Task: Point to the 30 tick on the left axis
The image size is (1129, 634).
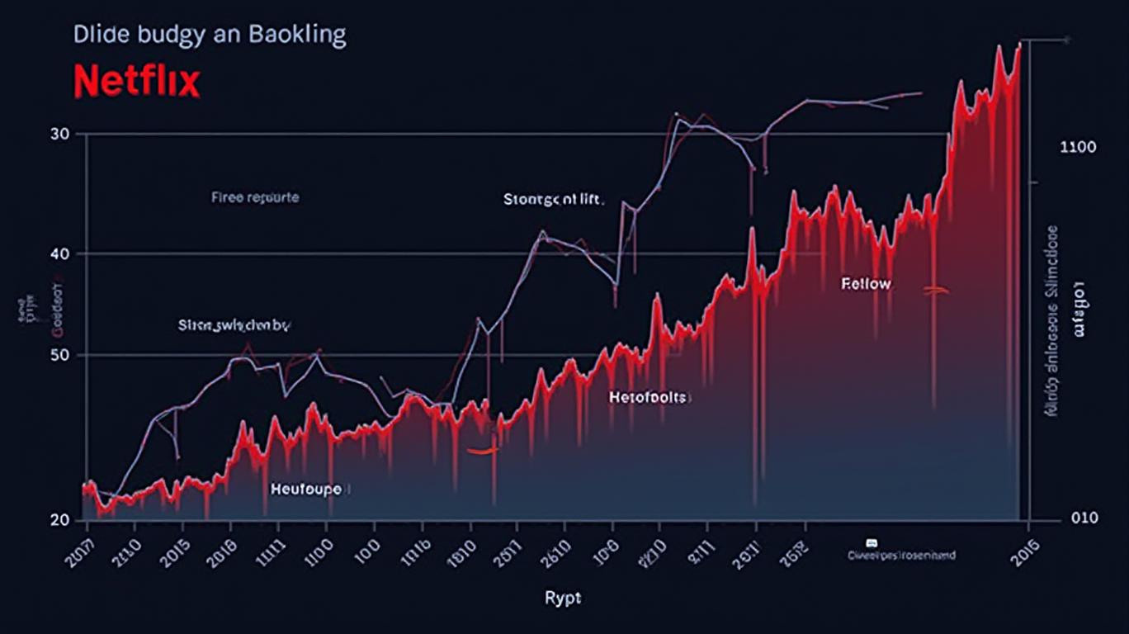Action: [x=59, y=134]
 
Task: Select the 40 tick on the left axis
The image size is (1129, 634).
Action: [x=59, y=253]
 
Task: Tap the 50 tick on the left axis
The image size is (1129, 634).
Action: [x=59, y=355]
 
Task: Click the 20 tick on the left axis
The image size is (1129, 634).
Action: [x=59, y=519]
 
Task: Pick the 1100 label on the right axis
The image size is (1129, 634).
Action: [x=1078, y=148]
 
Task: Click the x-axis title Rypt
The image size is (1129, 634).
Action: [x=563, y=598]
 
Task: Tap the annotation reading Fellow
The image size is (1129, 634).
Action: [x=866, y=284]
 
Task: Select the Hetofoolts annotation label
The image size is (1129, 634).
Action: [x=648, y=397]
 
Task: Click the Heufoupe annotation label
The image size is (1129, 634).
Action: [x=305, y=489]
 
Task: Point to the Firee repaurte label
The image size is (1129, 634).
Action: [x=255, y=198]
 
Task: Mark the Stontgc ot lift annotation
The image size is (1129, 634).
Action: [x=554, y=199]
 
